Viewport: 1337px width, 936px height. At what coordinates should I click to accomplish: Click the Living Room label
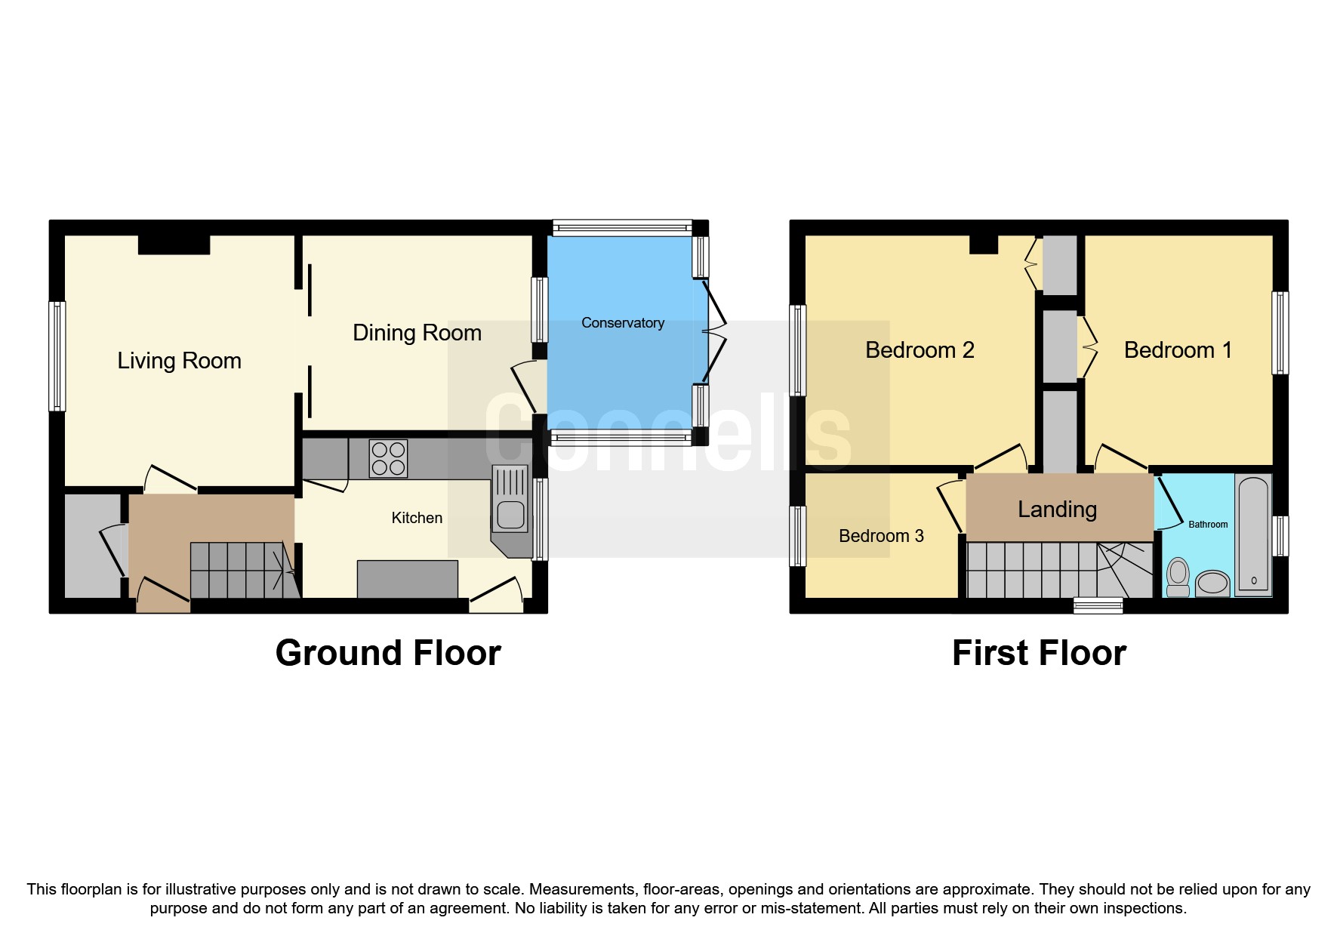click(x=179, y=361)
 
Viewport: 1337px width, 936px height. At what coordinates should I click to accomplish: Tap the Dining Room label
click(x=417, y=333)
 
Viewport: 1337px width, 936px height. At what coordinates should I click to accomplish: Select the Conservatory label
click(x=622, y=323)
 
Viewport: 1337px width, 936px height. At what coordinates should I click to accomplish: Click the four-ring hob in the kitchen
click(x=388, y=459)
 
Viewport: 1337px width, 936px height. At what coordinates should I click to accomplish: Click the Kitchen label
click(x=417, y=518)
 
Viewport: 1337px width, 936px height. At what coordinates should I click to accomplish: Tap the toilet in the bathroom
click(x=1177, y=577)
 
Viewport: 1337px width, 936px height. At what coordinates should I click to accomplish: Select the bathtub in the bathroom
click(x=1253, y=534)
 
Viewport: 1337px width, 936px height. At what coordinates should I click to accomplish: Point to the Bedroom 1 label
click(x=1177, y=350)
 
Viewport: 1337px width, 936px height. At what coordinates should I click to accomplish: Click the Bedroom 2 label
click(x=919, y=350)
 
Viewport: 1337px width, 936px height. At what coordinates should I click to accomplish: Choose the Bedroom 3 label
click(x=880, y=536)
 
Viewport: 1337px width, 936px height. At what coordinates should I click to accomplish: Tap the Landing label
click(x=1056, y=510)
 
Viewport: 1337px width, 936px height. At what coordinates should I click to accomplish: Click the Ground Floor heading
click(x=388, y=653)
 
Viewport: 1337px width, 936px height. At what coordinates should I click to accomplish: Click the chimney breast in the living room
click(x=174, y=245)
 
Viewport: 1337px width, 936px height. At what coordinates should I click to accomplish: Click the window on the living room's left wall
click(x=57, y=356)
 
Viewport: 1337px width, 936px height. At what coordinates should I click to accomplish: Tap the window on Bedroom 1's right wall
click(x=1280, y=333)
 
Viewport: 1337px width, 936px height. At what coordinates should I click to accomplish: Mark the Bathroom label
click(x=1207, y=525)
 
